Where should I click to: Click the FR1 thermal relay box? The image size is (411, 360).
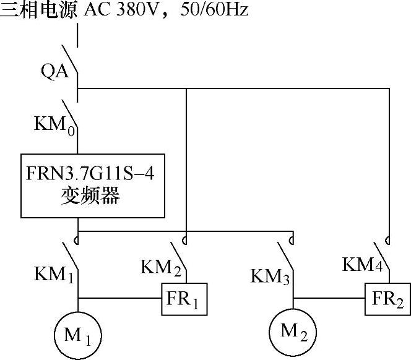[x=184, y=299]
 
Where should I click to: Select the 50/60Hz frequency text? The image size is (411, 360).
[x=215, y=11]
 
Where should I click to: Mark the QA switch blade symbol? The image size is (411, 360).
[x=72, y=69]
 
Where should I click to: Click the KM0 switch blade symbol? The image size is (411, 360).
[x=72, y=122]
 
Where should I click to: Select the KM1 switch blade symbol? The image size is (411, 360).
[x=72, y=255]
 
